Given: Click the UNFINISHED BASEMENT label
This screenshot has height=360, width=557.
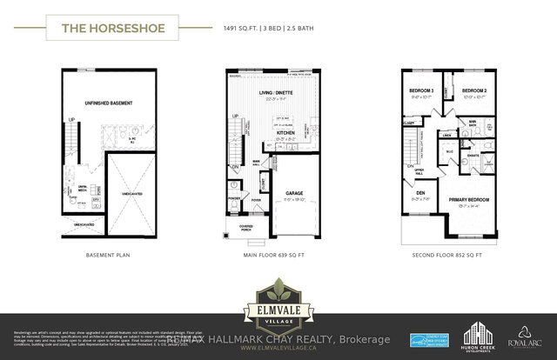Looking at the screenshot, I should point(109,103).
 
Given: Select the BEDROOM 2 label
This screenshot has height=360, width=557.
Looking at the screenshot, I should point(474,91).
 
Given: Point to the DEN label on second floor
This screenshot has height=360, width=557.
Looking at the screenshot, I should point(420,194).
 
